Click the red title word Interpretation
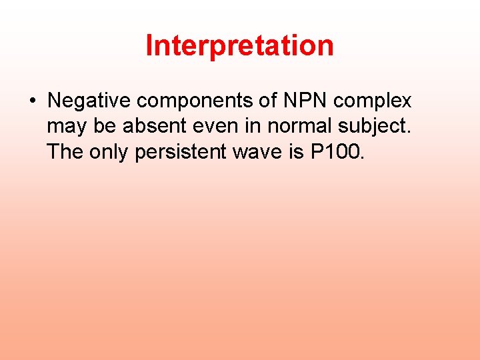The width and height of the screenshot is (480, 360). [x=239, y=46]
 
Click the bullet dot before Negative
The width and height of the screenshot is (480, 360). [x=32, y=101]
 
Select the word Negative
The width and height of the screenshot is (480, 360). [x=89, y=101]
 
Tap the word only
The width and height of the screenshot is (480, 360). [x=109, y=153]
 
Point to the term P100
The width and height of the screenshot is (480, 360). [x=338, y=152]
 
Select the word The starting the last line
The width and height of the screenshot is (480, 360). [x=65, y=152]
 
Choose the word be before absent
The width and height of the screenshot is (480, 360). [x=103, y=127]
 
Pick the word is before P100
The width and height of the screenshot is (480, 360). [x=297, y=152]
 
